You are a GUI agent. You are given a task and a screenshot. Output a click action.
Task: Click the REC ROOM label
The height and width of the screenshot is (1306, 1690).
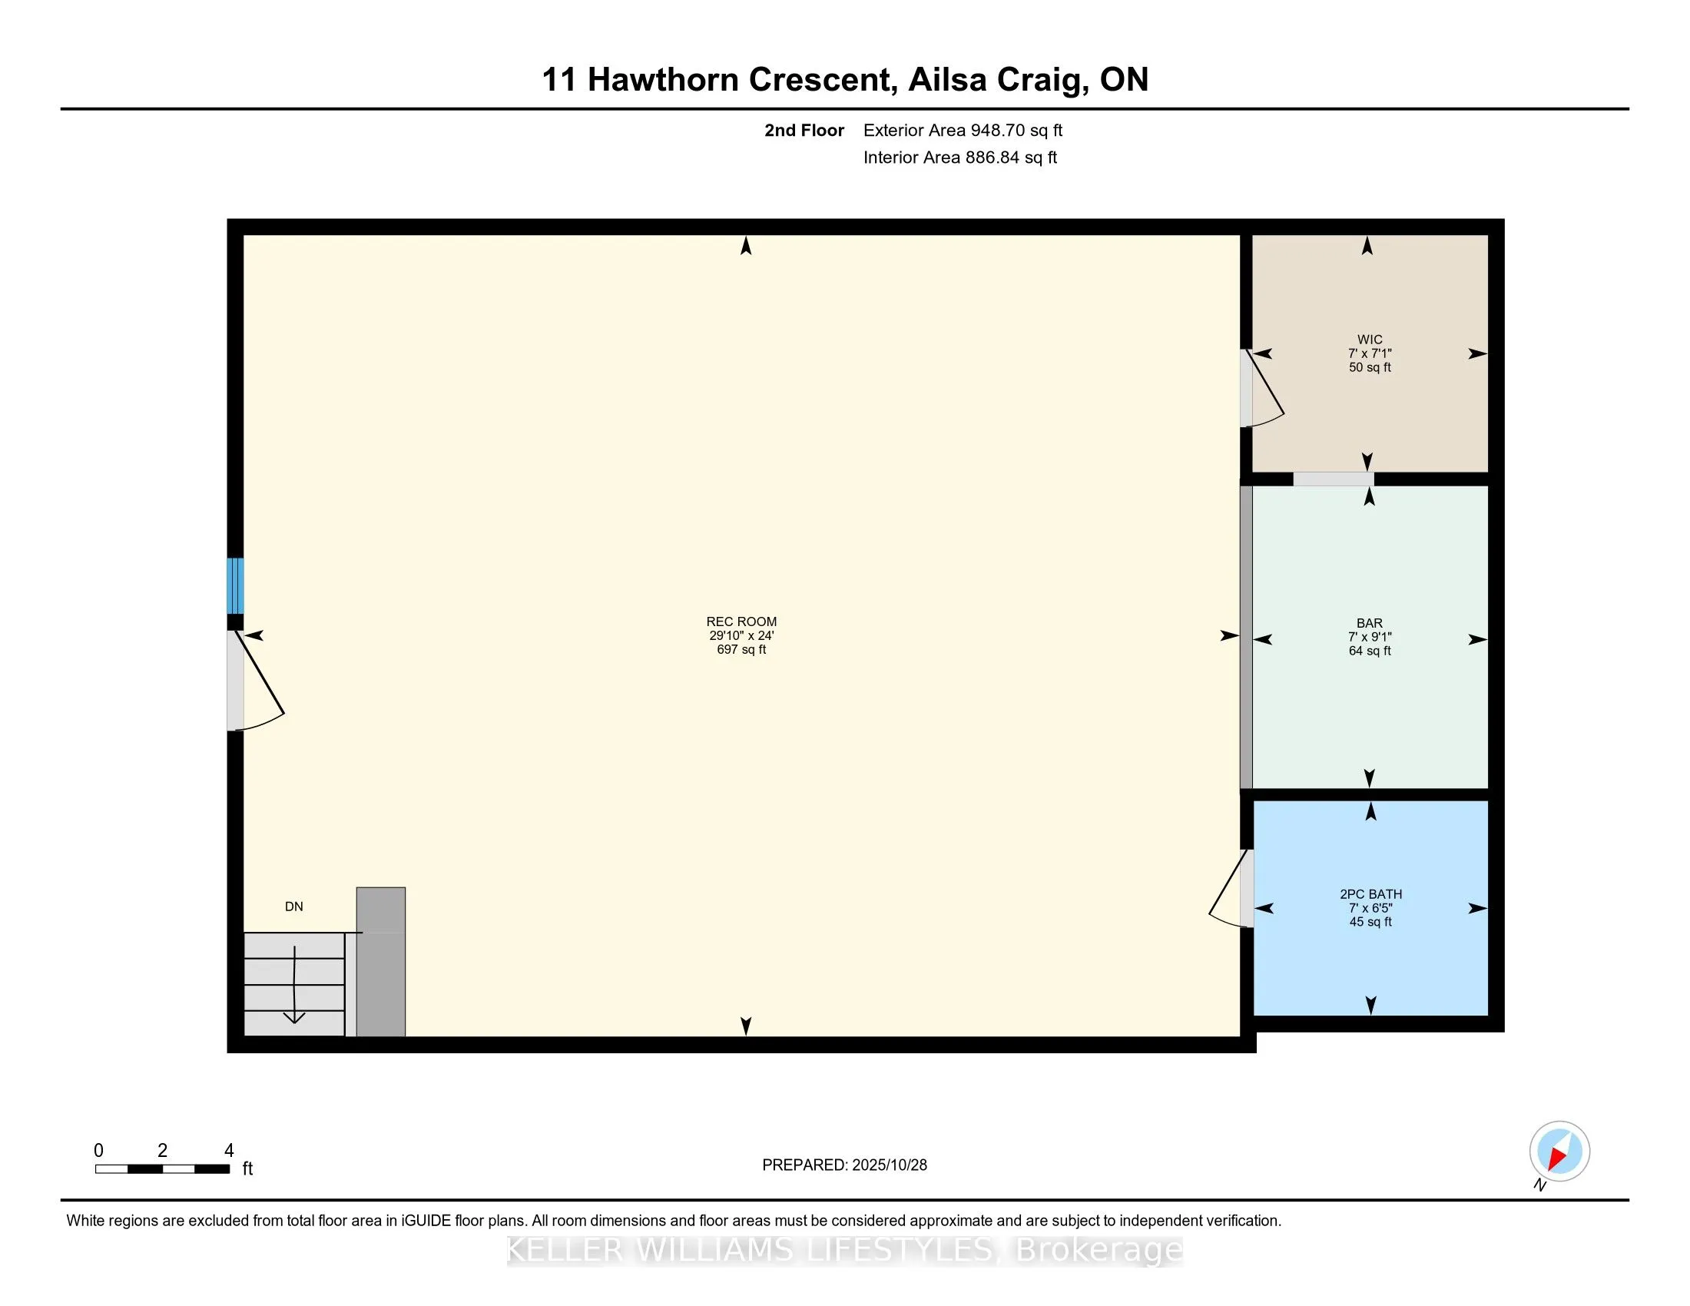[x=741, y=622]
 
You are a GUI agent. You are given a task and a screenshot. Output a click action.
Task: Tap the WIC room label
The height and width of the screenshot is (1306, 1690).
[x=1369, y=340]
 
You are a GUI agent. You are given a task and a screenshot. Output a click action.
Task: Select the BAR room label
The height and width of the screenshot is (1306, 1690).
[x=1369, y=623]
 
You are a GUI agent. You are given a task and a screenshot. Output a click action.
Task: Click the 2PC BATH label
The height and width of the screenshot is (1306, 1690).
[x=1370, y=893]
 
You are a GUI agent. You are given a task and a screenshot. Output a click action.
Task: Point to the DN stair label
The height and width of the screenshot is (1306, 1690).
[x=294, y=907]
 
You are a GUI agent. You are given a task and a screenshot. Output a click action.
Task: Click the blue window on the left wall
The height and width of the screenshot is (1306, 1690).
[x=235, y=585]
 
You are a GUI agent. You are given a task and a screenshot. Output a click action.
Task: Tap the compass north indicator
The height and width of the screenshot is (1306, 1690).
[x=1559, y=1152]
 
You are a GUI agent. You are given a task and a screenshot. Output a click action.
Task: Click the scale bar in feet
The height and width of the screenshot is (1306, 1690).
[x=163, y=1168]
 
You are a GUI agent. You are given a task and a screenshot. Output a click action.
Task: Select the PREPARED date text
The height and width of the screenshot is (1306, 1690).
[x=844, y=1165]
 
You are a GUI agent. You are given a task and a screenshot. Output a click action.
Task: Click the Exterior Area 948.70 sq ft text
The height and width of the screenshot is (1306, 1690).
[x=963, y=130]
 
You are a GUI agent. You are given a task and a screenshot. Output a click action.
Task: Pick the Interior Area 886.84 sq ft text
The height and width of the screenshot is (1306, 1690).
[x=959, y=157]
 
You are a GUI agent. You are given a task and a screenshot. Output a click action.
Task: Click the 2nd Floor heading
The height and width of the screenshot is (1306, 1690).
[x=804, y=130]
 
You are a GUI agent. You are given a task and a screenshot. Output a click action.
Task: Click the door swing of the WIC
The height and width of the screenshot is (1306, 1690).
[x=1263, y=391]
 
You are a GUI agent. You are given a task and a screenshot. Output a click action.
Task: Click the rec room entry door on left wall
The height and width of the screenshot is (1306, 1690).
[x=255, y=681]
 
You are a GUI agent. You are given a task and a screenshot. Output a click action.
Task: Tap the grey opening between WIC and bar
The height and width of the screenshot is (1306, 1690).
[x=1334, y=479]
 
